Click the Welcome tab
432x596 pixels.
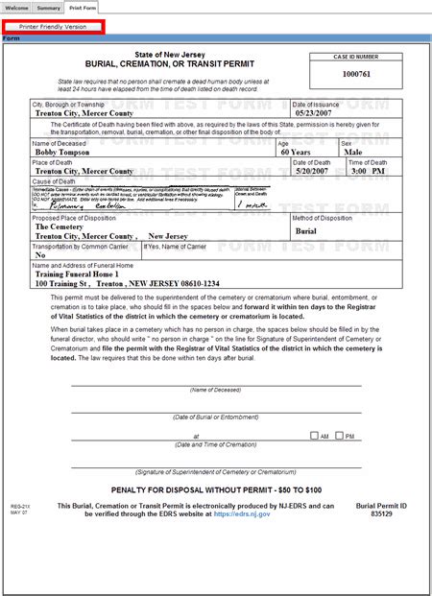pos(16,7)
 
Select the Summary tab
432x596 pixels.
pos(49,7)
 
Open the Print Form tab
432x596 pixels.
pos(82,7)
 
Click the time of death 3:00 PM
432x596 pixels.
pos(367,170)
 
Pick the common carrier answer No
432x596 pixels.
pos(40,255)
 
